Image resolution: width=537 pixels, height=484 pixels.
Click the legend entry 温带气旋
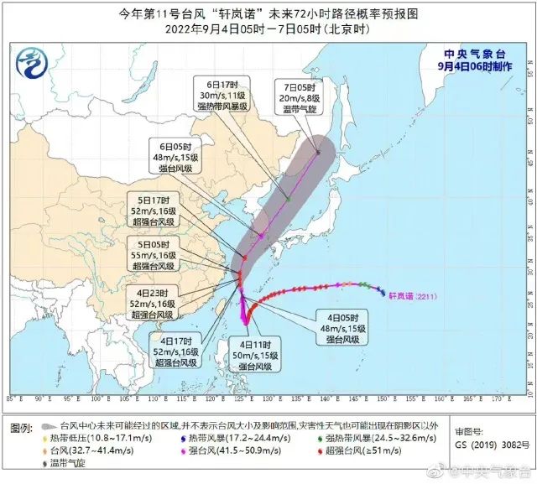[67, 462]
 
